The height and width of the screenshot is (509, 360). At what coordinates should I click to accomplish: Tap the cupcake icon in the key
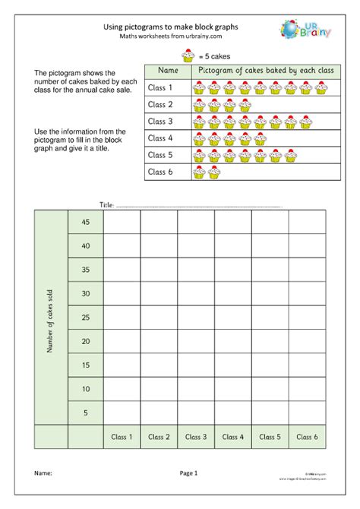(188, 55)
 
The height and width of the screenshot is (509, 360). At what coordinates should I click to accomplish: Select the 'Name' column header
(169, 71)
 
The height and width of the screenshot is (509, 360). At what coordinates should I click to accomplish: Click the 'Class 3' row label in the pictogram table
(160, 122)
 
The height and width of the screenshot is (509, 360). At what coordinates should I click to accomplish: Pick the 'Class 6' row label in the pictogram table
(160, 172)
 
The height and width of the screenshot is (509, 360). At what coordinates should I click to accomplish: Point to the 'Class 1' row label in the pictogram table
(160, 87)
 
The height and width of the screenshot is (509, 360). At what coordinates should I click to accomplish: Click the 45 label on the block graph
(85, 222)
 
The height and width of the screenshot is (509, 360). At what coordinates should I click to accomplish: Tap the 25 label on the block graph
(85, 317)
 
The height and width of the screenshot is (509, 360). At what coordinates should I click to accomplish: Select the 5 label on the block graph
(85, 413)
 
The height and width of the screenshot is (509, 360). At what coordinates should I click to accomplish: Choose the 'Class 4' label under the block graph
(233, 437)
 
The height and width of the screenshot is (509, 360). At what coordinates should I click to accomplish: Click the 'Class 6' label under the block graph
(307, 437)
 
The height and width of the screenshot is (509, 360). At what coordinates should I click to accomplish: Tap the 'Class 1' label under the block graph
(122, 437)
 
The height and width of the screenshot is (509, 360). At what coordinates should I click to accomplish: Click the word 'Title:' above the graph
(106, 205)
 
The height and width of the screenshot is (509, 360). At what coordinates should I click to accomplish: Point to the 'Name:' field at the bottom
(43, 473)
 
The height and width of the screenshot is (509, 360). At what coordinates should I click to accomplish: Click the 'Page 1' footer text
(188, 473)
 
